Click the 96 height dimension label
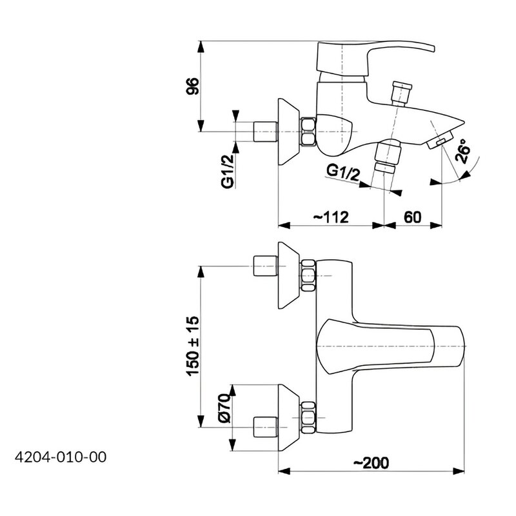tap(192, 86)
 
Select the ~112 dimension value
tap(330, 217)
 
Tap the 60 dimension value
tap(412, 217)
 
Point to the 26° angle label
tap(462, 152)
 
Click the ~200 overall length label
tap(371, 463)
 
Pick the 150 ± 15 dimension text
tap(193, 346)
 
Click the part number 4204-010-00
tap(61, 457)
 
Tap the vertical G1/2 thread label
tap(228, 172)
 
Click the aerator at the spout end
tap(439, 140)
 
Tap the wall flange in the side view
tap(289, 132)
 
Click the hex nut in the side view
tap(308, 132)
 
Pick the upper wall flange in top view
tap(289, 275)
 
